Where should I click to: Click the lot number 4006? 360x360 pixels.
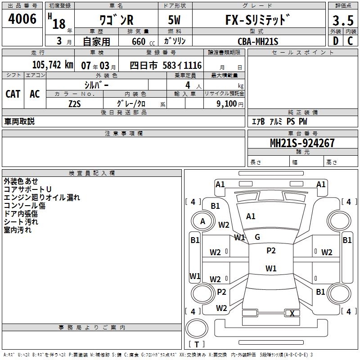(x=22, y=19)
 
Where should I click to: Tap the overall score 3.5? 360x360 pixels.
(x=343, y=20)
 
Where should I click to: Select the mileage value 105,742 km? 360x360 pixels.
(x=53, y=65)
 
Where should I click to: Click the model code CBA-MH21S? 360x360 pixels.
(x=258, y=41)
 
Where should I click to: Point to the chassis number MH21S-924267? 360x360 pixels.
(x=302, y=143)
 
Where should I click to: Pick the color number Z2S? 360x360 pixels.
(x=75, y=104)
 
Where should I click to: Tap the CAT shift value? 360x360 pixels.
(x=13, y=94)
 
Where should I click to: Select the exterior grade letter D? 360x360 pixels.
(x=336, y=41)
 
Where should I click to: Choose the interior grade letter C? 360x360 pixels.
(x=350, y=41)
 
